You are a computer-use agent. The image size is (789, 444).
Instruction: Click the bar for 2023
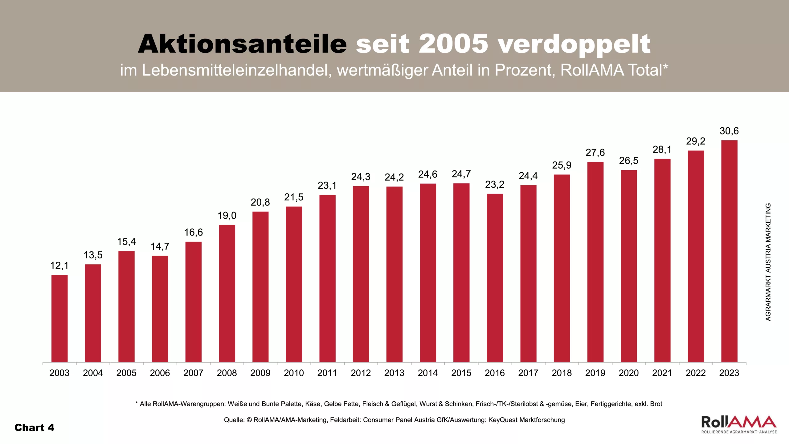pos(729,251)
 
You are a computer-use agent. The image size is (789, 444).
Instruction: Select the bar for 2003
pos(59,318)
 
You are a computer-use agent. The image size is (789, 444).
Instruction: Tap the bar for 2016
pos(495,278)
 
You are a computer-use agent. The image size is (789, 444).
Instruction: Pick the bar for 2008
pos(227,293)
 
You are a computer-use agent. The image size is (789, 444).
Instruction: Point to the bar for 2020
pos(629,266)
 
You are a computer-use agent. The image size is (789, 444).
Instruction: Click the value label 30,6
pos(729,131)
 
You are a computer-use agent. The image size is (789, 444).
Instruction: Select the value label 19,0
pos(227,216)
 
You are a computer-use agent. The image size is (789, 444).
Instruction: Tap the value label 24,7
pos(461,174)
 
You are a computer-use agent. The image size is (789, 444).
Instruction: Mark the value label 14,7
pos(160,246)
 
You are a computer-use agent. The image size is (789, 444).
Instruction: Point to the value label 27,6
pos(595,153)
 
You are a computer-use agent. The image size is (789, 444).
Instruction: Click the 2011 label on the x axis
pos(327,373)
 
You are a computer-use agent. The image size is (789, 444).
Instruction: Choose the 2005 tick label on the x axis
pos(126,373)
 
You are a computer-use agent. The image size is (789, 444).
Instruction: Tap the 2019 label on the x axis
pos(595,373)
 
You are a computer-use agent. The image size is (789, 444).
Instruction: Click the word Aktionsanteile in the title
pos(242,44)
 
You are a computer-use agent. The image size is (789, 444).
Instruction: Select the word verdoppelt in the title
pos(574,44)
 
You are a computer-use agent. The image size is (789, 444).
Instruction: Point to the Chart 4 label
pos(35,428)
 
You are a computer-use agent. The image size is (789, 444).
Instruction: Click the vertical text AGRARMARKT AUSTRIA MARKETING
pos(768,262)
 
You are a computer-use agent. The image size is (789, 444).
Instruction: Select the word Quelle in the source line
pos(234,420)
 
